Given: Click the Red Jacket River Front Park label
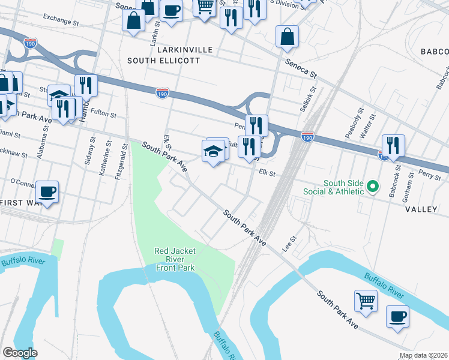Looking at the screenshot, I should point(175,259).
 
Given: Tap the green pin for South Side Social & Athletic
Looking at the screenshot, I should point(372,187).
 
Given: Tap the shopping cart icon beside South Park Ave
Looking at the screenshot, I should point(366,300).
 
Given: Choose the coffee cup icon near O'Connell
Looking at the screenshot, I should point(47,191).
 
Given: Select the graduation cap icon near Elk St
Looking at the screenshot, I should point(214,151).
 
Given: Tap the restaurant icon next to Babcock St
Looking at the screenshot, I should point(393,145).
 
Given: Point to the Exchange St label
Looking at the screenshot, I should point(61,20).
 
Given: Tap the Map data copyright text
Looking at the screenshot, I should point(423,355).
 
